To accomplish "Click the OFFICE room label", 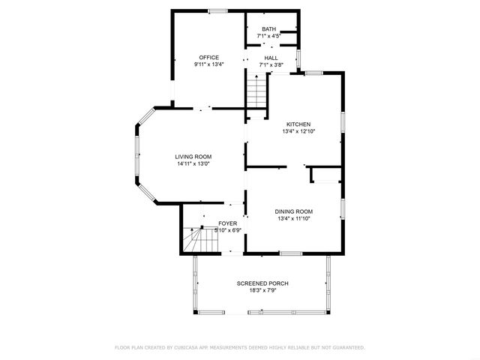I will coord(208,57).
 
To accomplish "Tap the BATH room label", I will coord(268,28).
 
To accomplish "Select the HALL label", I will coord(271,57).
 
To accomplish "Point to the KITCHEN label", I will coord(298,124).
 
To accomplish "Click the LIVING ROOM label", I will coord(193,156).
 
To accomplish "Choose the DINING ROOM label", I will coord(295,211).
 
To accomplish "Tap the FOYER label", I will coord(228,223).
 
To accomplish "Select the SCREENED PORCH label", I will coord(262,283).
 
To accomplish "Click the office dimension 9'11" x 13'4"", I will coord(208,64).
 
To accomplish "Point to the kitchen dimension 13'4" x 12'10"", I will coord(298,131).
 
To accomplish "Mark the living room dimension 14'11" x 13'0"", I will coord(193,163).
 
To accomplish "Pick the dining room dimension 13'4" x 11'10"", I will coord(295,219).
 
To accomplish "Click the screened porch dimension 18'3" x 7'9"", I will coord(262,290).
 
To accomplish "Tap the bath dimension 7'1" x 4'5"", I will coord(268,35).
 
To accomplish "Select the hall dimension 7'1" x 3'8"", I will coord(271,64).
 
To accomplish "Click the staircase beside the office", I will coord(257,93).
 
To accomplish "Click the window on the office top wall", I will coord(217,10).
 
